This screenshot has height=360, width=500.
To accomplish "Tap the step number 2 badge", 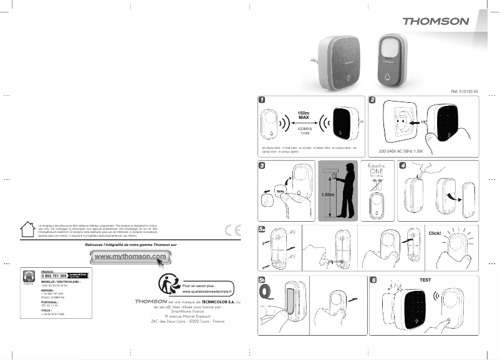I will coord(372,100).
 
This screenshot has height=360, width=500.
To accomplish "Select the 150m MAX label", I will coord(304,115).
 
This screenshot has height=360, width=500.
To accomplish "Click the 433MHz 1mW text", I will coord(304,131).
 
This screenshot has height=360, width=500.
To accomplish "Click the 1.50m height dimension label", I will coord(328,195).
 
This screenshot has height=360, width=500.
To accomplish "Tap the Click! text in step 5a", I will coord(435,233).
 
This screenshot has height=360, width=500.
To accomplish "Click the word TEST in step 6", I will coord(425,280).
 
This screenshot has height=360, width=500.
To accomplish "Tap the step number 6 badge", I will coord(372,280).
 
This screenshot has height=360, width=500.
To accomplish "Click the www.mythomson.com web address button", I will coord(131,257).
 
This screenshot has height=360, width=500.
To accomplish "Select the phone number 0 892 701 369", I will coord(55,275).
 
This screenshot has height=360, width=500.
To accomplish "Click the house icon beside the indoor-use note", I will coord(27,228).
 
